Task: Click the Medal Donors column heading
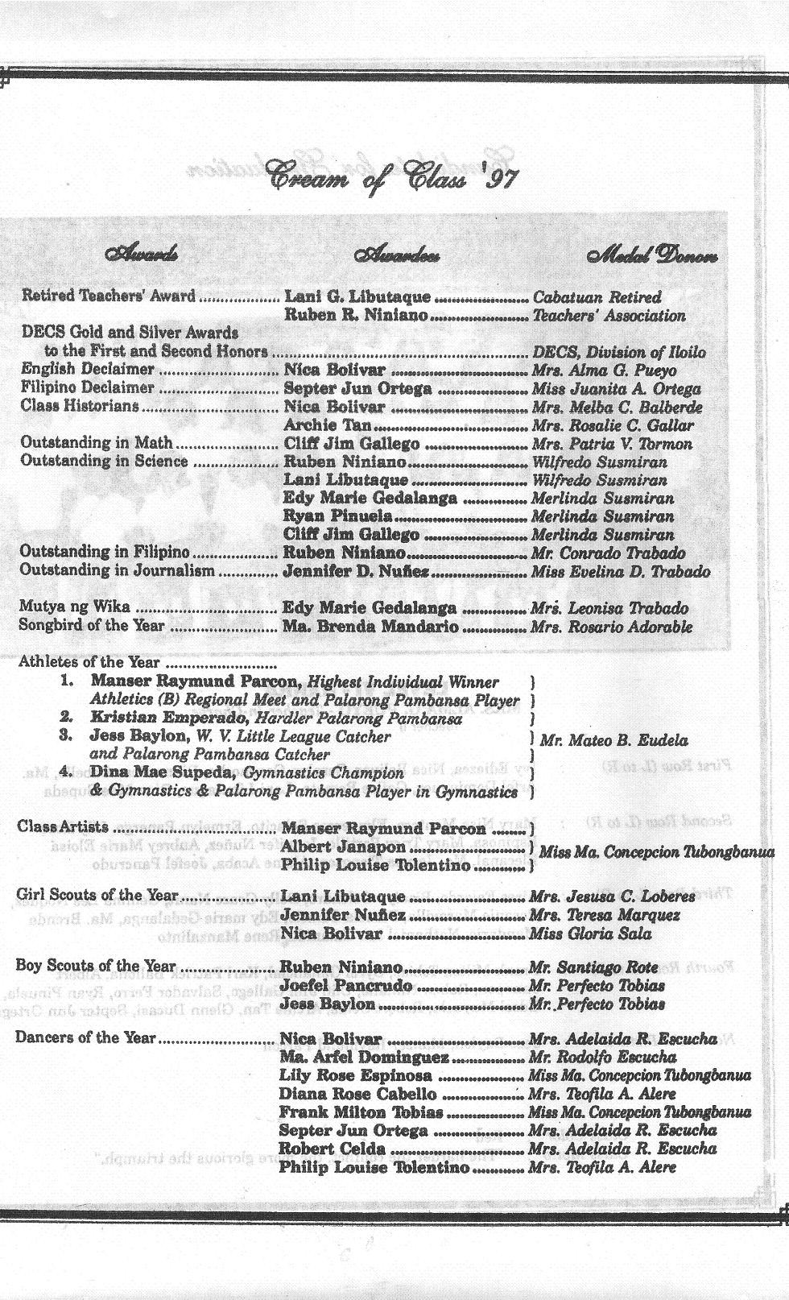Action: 653,257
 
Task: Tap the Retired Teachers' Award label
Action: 108,296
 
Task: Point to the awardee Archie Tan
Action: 328,425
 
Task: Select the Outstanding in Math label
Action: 97,443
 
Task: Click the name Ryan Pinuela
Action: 337,516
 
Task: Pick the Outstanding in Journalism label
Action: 118,571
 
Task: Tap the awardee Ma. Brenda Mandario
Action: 370,626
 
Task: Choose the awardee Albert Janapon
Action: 343,847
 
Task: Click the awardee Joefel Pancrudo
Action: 346,986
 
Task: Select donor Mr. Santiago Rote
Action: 593,967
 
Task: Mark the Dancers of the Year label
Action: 85,1037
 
